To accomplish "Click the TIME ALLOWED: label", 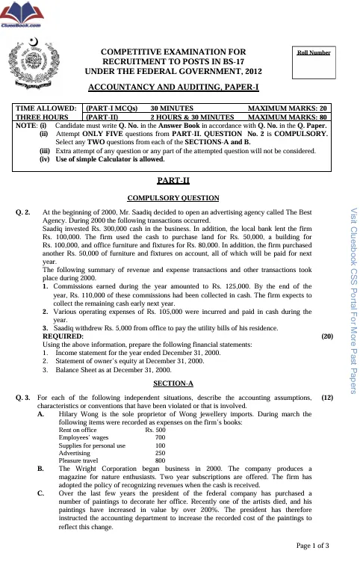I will point(46,108).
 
